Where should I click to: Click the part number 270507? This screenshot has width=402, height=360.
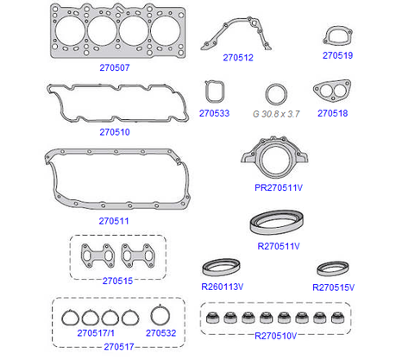(x=115, y=67)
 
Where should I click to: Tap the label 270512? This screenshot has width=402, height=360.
(x=238, y=58)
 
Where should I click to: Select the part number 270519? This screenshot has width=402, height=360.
(x=337, y=55)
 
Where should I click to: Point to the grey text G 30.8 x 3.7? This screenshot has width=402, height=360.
(x=276, y=114)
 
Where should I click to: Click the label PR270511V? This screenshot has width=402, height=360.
(x=279, y=187)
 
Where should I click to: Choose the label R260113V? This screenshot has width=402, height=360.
(x=223, y=287)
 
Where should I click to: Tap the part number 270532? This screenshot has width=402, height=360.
(x=160, y=333)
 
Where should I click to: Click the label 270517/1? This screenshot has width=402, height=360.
(x=96, y=333)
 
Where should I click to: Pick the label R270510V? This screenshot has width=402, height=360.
(x=275, y=336)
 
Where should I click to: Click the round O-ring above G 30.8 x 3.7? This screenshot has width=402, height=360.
(x=267, y=94)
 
